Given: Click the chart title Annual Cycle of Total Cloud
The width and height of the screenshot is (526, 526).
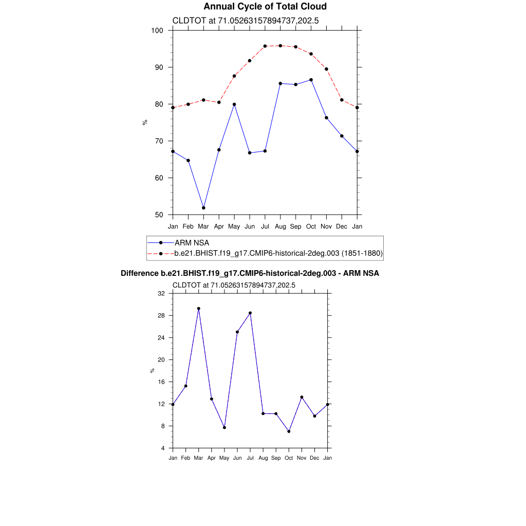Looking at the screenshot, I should pos(265,7).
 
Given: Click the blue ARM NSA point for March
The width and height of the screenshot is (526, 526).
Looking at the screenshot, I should pos(203,208).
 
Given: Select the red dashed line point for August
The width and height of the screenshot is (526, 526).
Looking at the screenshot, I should pos(280,46).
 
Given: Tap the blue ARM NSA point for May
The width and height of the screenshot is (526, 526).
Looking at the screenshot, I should pos(234,104).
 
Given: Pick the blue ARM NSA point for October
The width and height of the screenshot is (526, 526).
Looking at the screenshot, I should pos(311,80).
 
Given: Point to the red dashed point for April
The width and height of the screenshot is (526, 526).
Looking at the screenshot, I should pos(219,102).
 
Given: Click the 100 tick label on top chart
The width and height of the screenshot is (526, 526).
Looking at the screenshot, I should pos(157,30).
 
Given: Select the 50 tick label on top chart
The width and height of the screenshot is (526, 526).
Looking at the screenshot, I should pos(159,215).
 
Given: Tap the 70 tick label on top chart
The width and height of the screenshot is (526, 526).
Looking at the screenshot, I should pos(159,141).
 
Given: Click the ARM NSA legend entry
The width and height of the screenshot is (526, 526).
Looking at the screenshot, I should pos(192,242).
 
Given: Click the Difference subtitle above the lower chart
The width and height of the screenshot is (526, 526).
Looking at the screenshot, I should pos(250,273).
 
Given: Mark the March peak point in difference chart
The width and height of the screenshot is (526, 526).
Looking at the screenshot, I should pos(199,309).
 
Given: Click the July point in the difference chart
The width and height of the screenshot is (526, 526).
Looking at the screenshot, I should pos(250,313).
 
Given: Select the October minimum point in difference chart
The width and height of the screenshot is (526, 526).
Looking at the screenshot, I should pos(289,431).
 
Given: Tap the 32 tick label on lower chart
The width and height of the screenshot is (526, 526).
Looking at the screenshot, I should pos(161,293).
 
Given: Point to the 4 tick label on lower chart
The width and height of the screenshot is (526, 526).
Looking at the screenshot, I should pos(163,448).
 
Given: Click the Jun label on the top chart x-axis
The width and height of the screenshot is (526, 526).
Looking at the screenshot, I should pos(250,226).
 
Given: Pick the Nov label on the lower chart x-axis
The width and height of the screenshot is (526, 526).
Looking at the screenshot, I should pos(302,458).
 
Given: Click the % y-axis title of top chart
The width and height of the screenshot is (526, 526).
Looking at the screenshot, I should pos(145,122).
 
